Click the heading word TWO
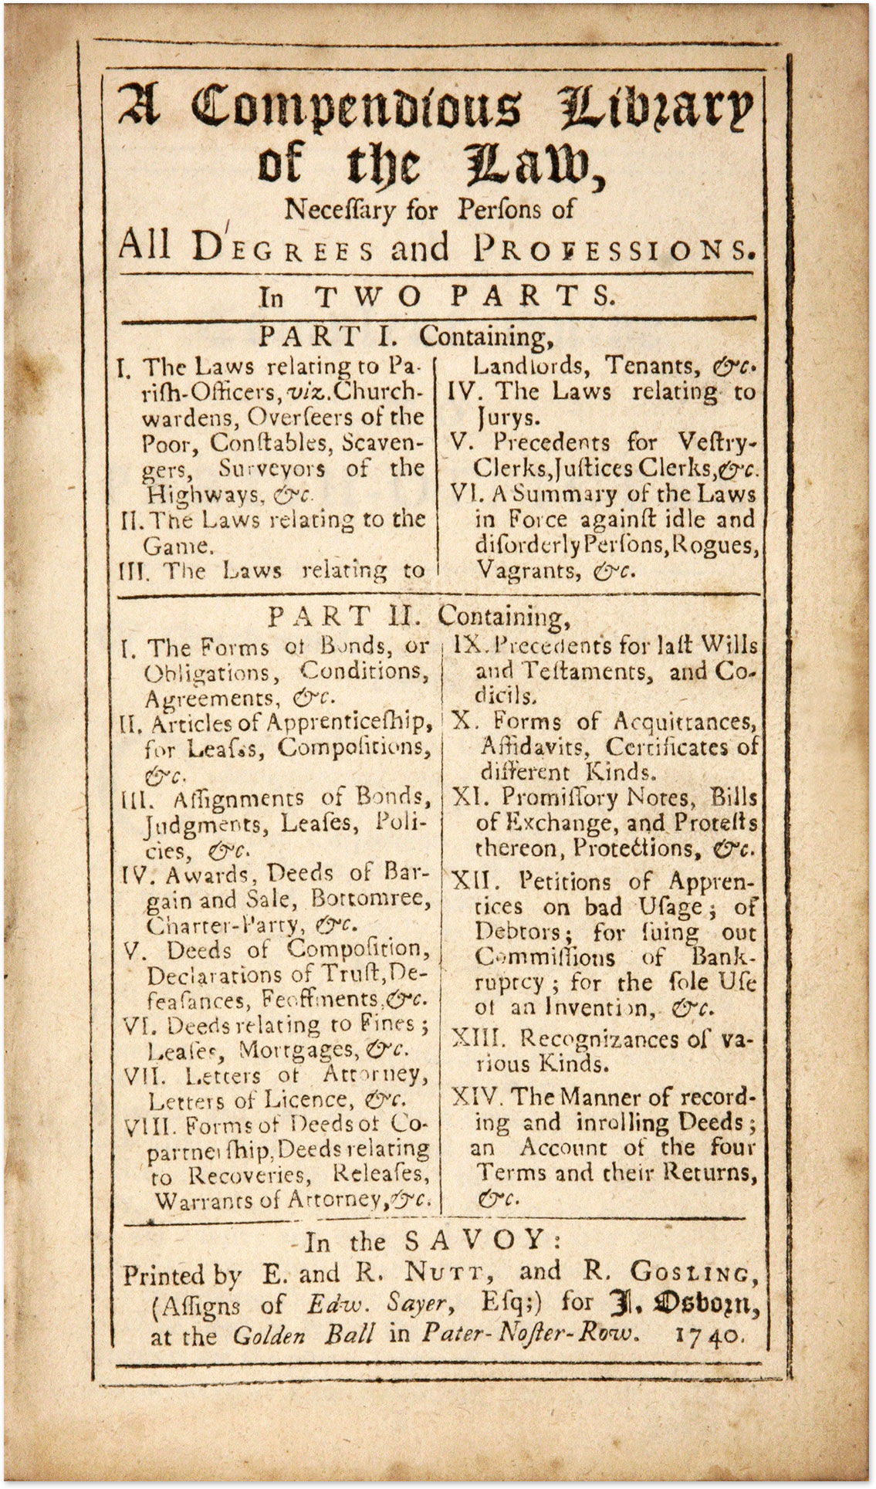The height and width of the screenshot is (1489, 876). (x=363, y=296)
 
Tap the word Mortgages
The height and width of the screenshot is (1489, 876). (x=297, y=1050)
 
